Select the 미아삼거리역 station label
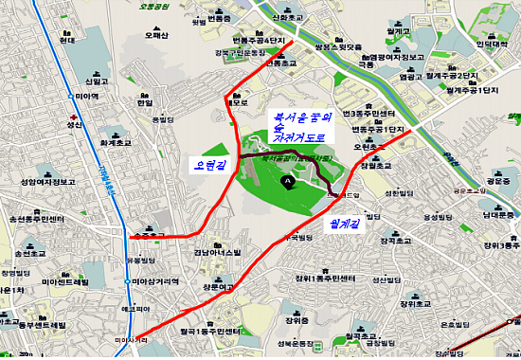[x=155, y=283]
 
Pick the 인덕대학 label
[x=491, y=44]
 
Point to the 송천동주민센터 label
[x=37, y=219]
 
